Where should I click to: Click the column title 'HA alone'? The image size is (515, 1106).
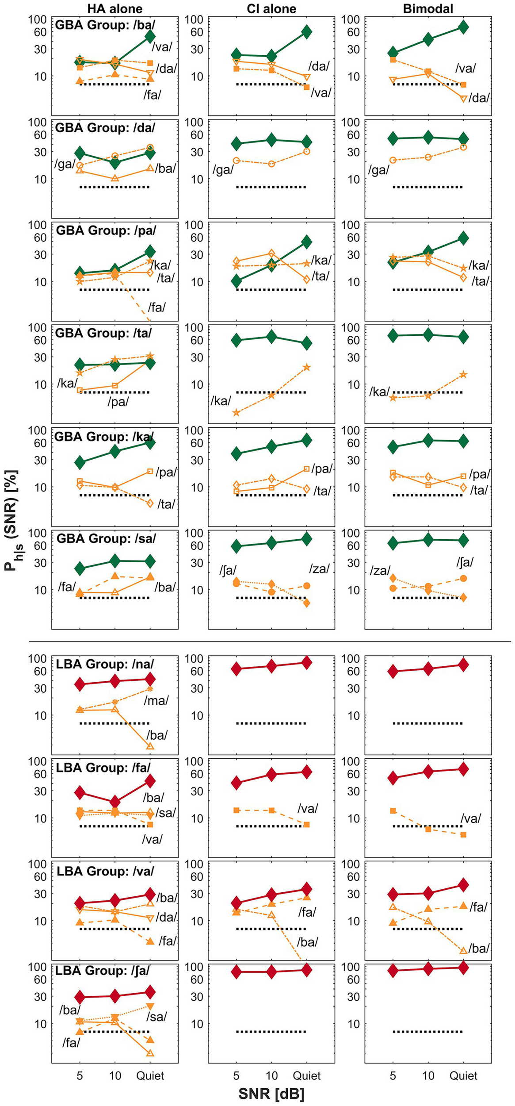click(114, 8)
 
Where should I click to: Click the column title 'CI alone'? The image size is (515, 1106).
click(271, 8)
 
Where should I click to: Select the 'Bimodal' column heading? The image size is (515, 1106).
click(427, 8)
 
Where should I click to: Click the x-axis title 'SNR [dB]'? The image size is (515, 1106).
click(271, 1094)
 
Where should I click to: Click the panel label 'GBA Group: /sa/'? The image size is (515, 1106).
click(106, 539)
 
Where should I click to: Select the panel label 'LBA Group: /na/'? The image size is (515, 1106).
click(105, 664)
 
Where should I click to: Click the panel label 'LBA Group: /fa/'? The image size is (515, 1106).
click(103, 768)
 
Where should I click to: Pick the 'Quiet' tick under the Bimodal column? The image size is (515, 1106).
click(463, 1076)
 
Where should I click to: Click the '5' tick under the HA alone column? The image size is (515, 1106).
click(80, 1076)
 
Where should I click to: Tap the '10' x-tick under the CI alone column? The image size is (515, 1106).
click(271, 1076)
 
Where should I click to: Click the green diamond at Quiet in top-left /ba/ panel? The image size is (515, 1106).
click(150, 36)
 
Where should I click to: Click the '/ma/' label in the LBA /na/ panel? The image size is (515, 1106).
click(156, 701)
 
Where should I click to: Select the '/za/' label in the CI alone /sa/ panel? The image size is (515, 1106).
click(319, 569)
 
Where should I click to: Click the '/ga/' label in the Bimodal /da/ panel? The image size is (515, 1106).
click(379, 170)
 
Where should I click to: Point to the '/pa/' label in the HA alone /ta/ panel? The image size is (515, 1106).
click(118, 402)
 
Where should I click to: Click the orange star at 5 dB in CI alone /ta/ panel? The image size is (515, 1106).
click(236, 413)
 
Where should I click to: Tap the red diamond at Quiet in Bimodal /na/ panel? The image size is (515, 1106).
click(463, 665)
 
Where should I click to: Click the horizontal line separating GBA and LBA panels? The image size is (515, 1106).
click(270, 641)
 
